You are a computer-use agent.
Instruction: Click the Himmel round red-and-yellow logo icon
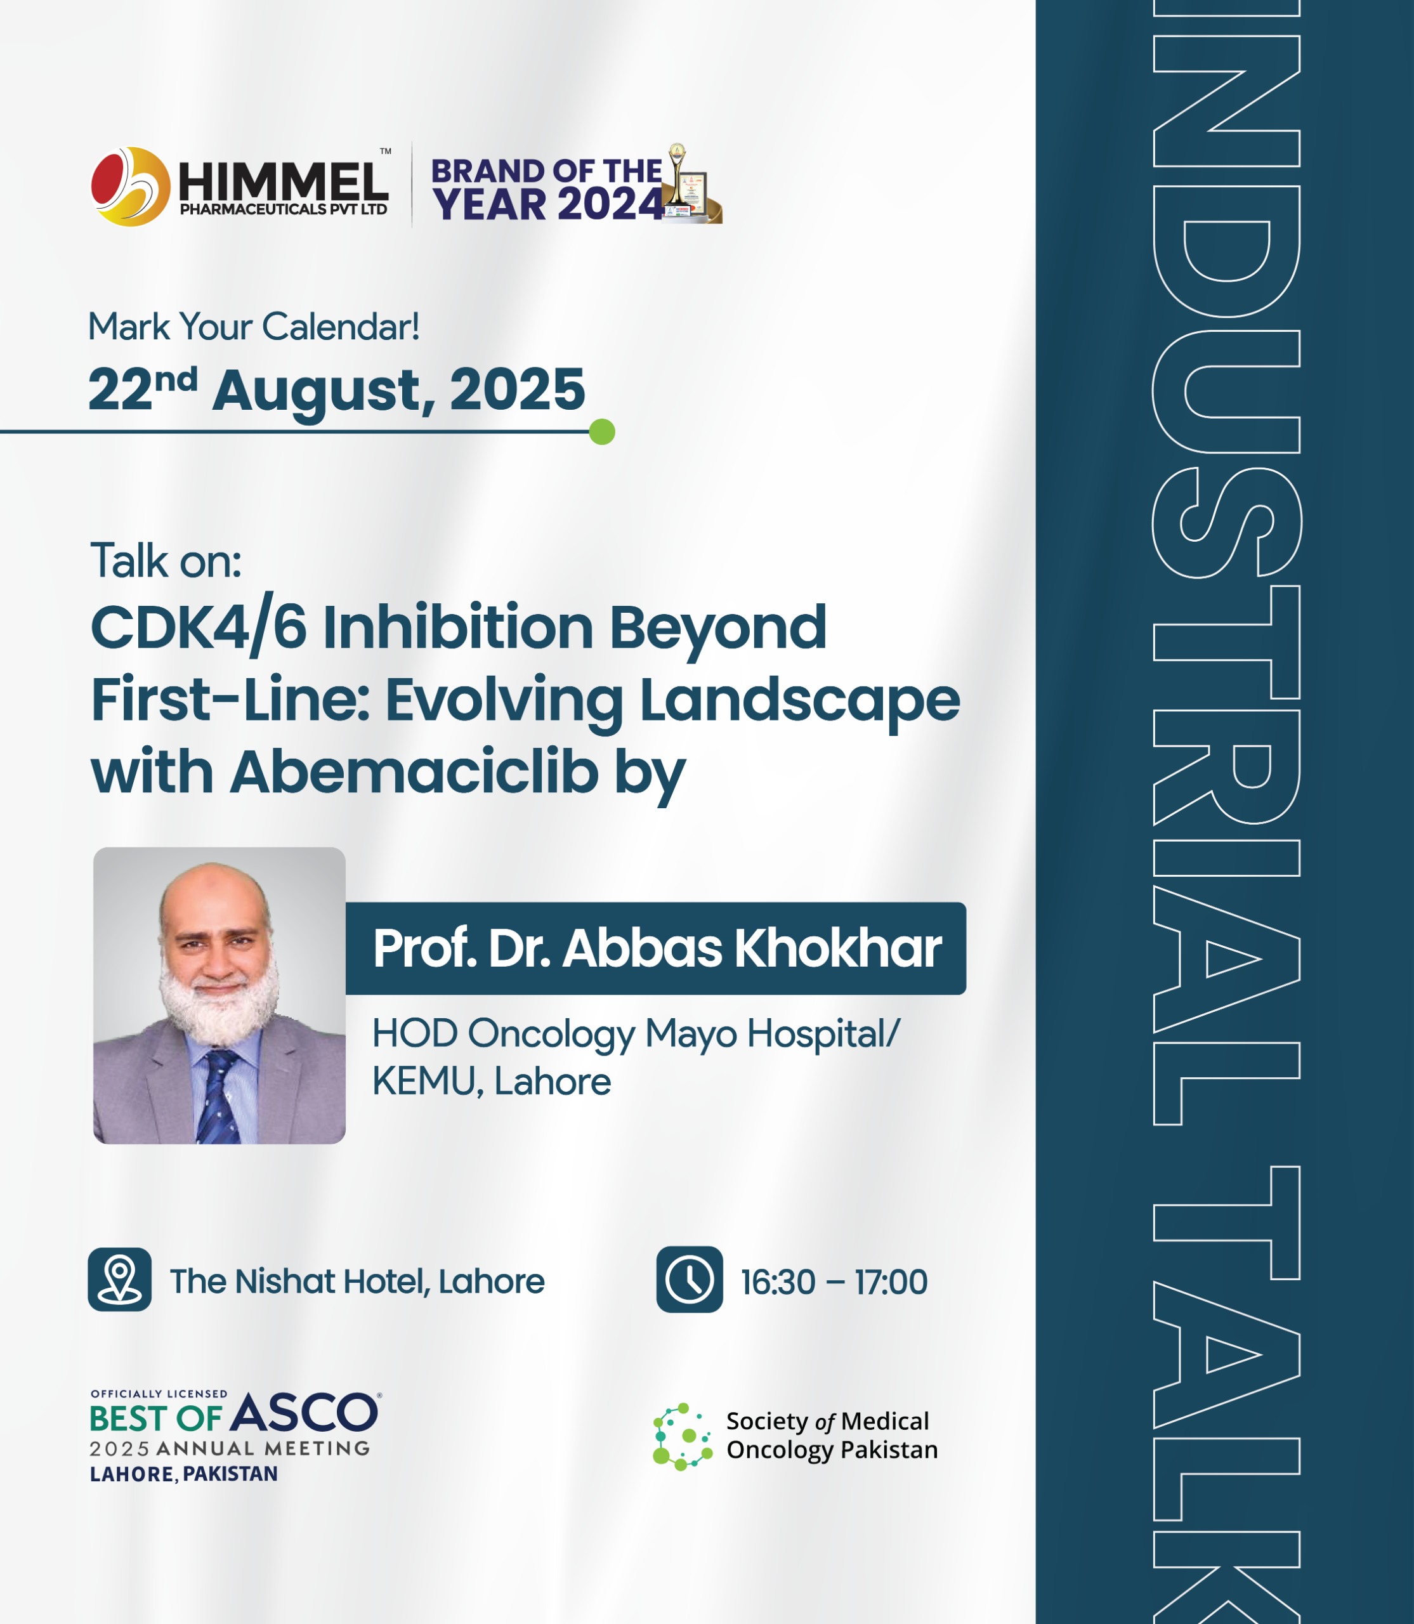coord(130,187)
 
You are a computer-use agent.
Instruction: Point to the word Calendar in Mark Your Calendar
coord(341,327)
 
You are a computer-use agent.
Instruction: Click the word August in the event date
coord(324,391)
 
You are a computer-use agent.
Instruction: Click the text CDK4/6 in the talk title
coord(199,628)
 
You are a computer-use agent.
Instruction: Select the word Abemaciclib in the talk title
coord(415,772)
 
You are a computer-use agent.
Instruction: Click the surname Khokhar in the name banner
coord(838,948)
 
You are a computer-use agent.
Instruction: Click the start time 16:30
coord(778,1282)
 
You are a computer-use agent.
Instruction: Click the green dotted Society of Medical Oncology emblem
coord(683,1436)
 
